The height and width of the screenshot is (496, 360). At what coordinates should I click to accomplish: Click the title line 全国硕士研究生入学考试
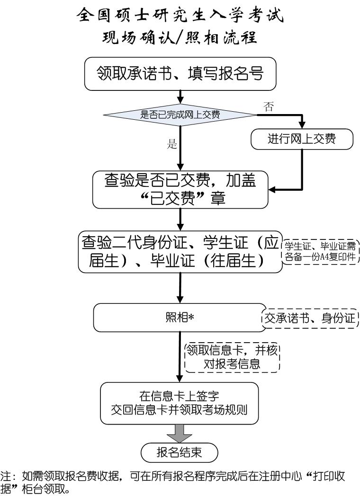180,16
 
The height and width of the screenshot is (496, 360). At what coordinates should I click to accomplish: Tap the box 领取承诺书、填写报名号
180,74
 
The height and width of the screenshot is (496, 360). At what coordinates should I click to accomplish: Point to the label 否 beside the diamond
268,106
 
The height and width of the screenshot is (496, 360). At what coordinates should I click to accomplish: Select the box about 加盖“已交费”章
180,190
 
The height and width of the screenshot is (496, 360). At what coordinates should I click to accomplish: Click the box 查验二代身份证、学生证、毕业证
180,252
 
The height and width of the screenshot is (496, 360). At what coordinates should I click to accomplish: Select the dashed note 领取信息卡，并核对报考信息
232,357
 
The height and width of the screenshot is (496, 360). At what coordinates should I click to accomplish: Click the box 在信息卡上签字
180,402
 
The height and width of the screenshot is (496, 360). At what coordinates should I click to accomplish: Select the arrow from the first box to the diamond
180,97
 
